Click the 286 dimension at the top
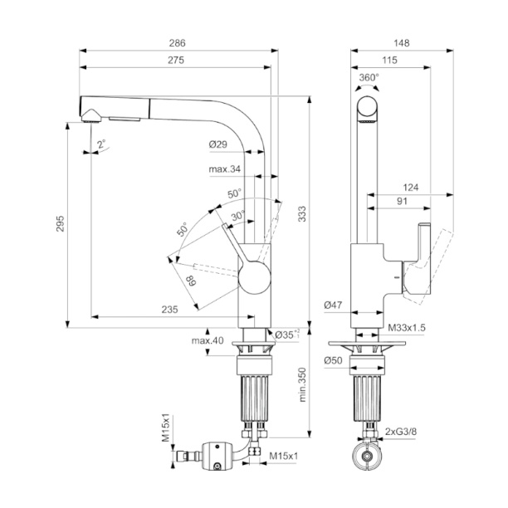[178, 42]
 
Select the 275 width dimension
[175, 60]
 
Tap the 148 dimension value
[403, 42]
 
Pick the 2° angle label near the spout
[101, 144]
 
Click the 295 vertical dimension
[60, 223]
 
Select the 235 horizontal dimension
[169, 309]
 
